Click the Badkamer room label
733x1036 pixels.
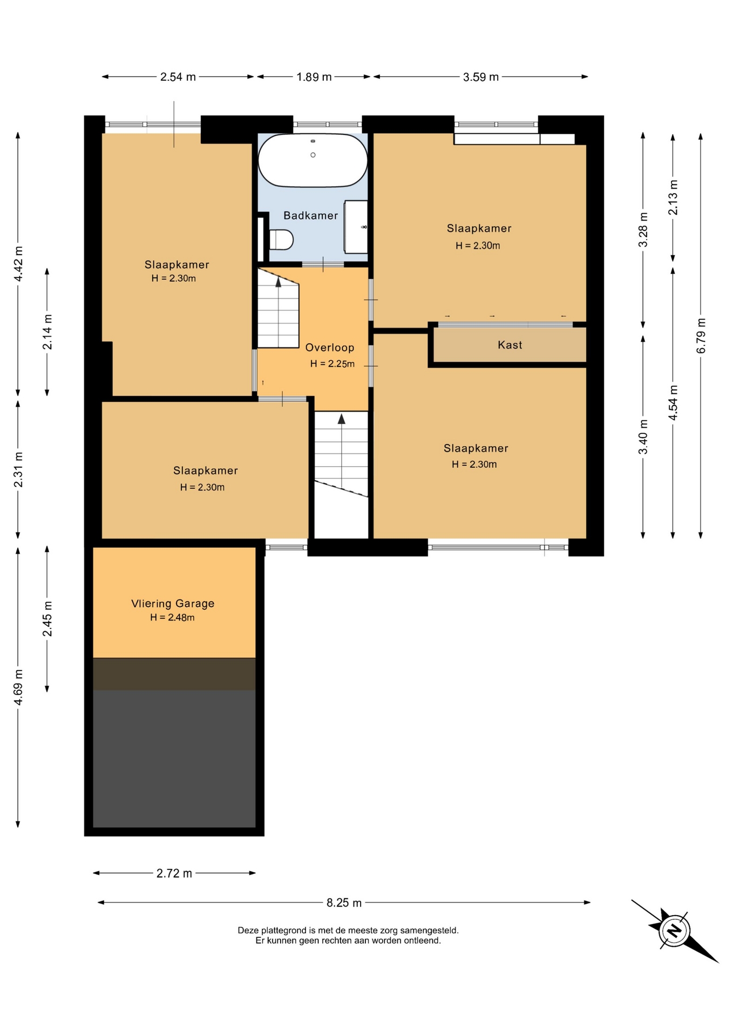click(x=310, y=216)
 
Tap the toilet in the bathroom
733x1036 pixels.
click(x=281, y=240)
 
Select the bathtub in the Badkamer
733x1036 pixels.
click(x=313, y=160)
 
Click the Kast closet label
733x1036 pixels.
click(x=510, y=345)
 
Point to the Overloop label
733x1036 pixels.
click(x=330, y=348)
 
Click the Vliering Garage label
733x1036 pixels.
click(x=173, y=604)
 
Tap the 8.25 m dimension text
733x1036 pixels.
click(x=344, y=903)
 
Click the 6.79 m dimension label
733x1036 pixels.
click(x=701, y=336)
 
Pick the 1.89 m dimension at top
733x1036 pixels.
click(x=314, y=77)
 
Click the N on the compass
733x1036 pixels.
click(x=674, y=930)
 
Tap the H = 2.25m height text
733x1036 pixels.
click(x=332, y=364)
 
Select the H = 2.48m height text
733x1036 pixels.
click(x=172, y=618)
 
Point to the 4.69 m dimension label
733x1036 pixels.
click(x=18, y=687)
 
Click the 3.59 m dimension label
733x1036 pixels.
click(x=481, y=77)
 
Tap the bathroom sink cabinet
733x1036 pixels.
click(x=356, y=227)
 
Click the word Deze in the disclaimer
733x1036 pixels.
click(x=248, y=930)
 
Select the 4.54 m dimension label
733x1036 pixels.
click(x=673, y=403)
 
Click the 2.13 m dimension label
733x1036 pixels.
click(x=673, y=197)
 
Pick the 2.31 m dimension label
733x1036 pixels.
click(x=18, y=469)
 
